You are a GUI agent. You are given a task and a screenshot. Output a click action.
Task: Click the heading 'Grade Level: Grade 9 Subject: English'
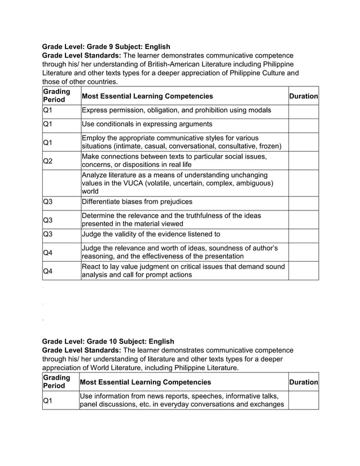106,46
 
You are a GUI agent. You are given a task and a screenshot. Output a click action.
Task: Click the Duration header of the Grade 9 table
304,96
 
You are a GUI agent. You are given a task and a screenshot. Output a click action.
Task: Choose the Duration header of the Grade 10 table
304,382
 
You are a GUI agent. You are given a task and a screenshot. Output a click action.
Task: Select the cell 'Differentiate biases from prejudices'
137,202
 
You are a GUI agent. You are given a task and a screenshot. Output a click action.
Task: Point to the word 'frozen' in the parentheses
269,146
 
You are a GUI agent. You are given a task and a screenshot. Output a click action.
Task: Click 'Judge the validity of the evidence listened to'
151,234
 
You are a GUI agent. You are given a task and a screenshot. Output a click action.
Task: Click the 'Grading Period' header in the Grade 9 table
56,95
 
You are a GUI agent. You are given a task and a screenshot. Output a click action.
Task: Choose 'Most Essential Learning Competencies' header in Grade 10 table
147,382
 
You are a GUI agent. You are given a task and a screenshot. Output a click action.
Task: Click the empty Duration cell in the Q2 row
304,160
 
